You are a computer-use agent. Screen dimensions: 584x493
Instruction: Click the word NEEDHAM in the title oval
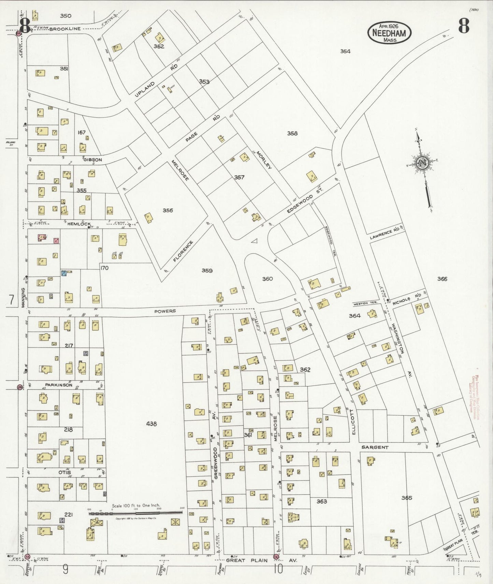point(389,33)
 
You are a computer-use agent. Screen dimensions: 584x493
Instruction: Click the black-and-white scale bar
point(136,512)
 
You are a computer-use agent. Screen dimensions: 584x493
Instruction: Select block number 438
point(151,424)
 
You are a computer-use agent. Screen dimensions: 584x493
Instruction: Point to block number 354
point(345,51)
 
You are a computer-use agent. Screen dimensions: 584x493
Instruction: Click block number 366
point(442,279)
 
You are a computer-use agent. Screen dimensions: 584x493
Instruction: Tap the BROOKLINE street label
point(65,29)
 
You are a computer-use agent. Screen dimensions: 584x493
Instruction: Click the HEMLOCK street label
point(79,224)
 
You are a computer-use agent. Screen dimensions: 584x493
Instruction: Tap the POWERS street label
point(165,311)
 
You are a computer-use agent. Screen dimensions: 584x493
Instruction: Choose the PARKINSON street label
point(59,385)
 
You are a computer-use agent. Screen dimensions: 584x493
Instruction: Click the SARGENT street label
point(375,447)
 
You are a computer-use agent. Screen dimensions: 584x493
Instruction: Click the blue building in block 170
point(63,273)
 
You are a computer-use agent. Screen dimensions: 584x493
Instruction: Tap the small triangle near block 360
point(253,241)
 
